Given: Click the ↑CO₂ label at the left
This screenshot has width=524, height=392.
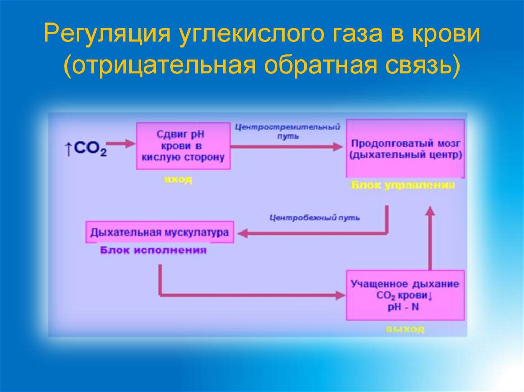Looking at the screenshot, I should [x=85, y=149].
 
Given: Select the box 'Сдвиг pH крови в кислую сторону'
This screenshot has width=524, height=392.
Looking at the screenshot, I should [x=183, y=146].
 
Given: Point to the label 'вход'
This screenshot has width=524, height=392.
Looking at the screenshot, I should [x=178, y=180].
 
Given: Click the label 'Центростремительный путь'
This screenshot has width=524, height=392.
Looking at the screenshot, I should [x=288, y=131].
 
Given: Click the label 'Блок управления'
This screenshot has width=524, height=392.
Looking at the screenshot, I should [x=403, y=186].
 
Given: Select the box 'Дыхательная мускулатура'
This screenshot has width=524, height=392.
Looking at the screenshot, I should [x=159, y=232].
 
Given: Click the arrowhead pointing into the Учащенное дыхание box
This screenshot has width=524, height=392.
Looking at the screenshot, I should [x=339, y=295].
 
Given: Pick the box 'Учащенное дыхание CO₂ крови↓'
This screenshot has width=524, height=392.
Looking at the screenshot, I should [x=405, y=295].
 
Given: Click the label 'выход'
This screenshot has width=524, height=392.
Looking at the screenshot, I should [x=405, y=330].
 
